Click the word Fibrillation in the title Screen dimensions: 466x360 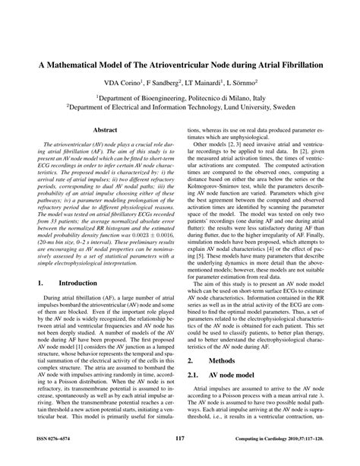point(298,66)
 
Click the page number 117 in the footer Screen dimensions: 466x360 point(179,439)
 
